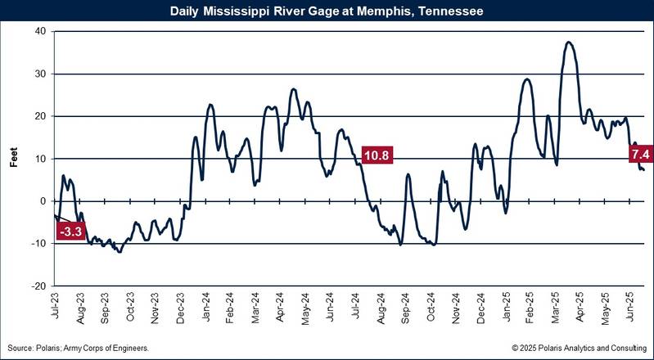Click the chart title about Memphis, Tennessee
(x=327, y=11)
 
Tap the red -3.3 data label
(x=71, y=232)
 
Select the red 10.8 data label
(x=377, y=154)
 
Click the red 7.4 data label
(x=640, y=154)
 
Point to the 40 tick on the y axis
(x=38, y=31)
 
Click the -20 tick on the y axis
(x=37, y=286)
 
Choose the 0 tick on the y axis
(x=42, y=201)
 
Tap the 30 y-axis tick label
(x=38, y=74)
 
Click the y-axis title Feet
(x=14, y=159)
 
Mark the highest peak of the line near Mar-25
(x=569, y=42)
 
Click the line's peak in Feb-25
(x=527, y=79)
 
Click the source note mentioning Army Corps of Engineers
(x=79, y=349)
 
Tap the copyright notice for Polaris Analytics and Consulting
(x=579, y=349)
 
